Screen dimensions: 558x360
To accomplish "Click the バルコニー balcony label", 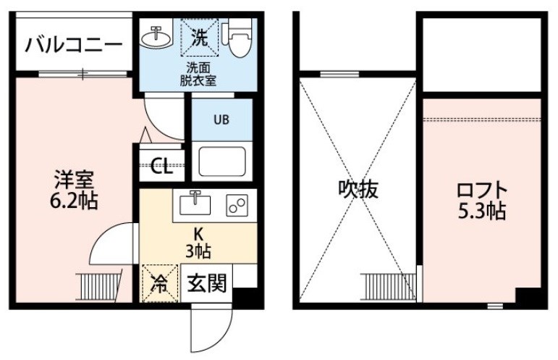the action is click(74, 46).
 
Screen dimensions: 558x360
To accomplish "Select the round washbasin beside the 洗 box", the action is click(156, 36).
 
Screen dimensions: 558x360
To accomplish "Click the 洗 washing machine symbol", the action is click(200, 38).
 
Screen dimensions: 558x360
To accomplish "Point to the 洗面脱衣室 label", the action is click(198, 74).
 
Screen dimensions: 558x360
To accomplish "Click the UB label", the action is click(221, 120).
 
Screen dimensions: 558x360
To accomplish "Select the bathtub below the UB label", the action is click(222, 162).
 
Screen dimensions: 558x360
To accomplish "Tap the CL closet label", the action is click(161, 166).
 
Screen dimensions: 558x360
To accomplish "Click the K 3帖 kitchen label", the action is click(198, 243).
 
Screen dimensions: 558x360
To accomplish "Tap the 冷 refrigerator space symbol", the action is click(160, 283).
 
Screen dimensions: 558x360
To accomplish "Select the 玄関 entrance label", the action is click(207, 284).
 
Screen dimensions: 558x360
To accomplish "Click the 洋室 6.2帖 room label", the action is click(74, 190).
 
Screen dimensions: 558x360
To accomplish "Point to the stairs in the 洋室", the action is click(99, 286).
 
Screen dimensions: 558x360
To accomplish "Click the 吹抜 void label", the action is click(358, 189).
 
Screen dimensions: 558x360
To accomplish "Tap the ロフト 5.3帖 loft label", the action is click(481, 201).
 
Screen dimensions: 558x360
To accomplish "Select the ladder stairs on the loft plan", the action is click(388, 287).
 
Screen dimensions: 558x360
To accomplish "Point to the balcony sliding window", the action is click(83, 74).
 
